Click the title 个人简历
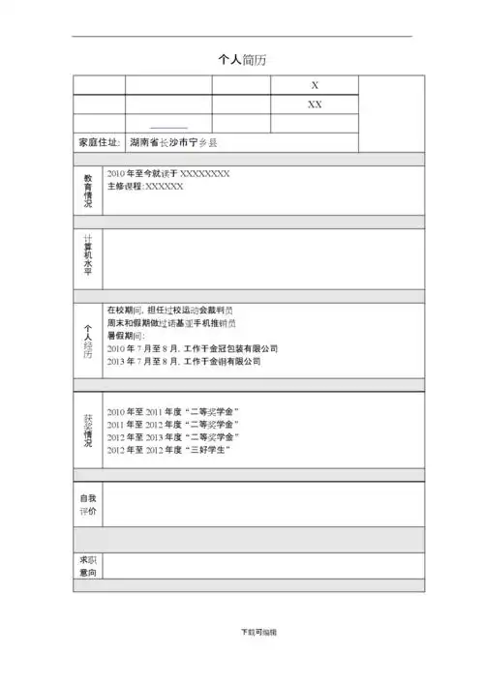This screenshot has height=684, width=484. coord(241,59)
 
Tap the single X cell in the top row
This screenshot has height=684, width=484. coord(314,85)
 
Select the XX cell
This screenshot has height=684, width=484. coord(314,104)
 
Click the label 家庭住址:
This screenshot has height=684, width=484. coord(99,142)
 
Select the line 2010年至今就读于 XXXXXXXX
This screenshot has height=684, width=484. coord(167,173)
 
